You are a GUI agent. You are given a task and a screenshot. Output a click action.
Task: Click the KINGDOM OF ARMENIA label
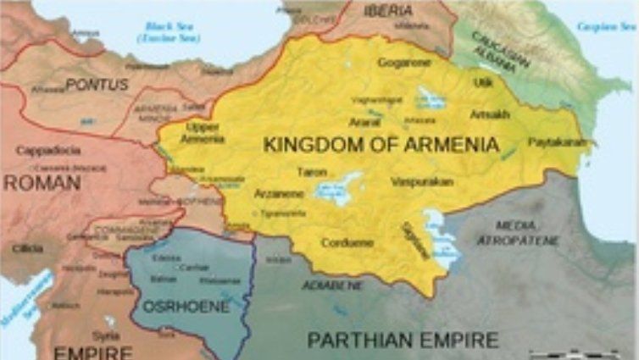point(381,145)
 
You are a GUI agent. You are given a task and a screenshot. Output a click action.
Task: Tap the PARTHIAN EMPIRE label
point(402,341)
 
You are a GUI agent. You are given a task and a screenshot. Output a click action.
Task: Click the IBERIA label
point(388,11)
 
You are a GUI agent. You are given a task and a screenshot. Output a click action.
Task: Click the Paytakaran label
point(557,141)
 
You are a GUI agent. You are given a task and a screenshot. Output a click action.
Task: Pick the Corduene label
point(347,242)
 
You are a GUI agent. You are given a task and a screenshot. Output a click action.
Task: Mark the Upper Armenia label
point(203,131)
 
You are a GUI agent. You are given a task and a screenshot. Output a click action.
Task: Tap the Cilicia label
point(28,248)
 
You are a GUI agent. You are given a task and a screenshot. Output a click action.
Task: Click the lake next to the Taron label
point(338,188)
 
